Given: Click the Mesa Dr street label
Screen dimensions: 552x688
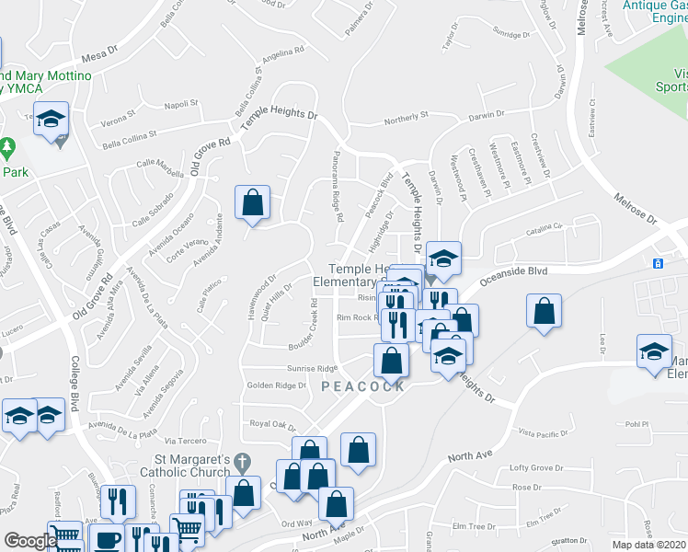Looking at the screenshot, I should click(100, 57).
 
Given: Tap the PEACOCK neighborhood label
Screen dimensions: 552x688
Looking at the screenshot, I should click(363, 387).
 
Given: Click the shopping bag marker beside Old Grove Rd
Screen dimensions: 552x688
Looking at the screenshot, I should click(252, 204).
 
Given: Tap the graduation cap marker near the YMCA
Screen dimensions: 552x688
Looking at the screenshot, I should click(52, 118).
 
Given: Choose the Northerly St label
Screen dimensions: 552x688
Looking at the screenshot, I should click(407, 118).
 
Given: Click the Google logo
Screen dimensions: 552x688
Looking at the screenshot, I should click(29, 541).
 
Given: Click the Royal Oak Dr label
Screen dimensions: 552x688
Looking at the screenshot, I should click(272, 424).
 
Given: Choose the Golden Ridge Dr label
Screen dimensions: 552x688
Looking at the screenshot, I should click(276, 385).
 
